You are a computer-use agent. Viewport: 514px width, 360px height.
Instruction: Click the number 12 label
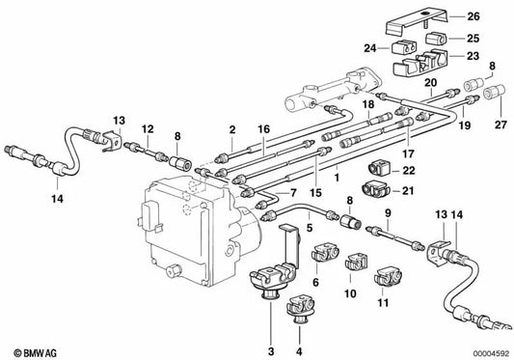tap(147, 129)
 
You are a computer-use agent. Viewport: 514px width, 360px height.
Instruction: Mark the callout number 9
tap(387, 212)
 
